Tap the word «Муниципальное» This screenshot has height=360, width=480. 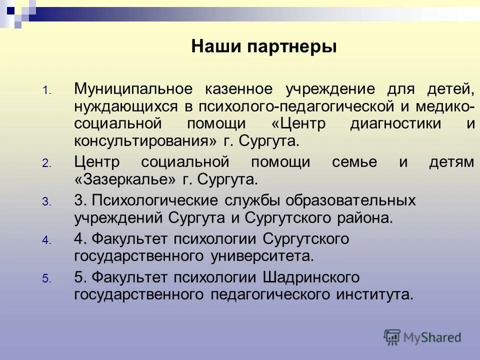point(133,89)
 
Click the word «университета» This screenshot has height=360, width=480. point(262,256)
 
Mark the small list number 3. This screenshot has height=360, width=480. point(45,202)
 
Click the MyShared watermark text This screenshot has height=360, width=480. point(432,337)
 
